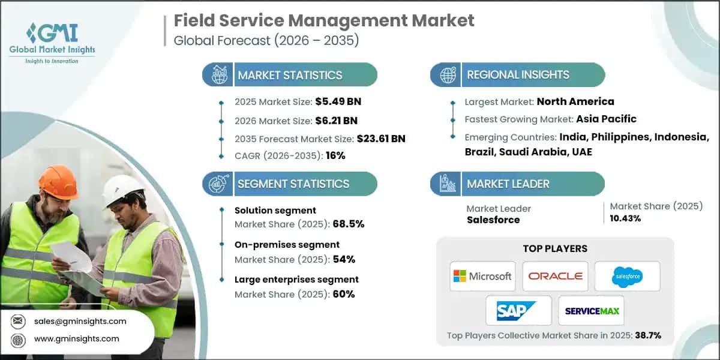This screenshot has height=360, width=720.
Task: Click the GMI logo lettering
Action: pyautogui.click(x=52, y=33)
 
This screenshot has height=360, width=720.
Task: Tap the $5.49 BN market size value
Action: pyautogui.click(x=338, y=101)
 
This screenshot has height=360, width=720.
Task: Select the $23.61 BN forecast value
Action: pyautogui.click(x=381, y=139)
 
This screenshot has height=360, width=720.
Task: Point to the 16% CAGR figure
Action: pyautogui.click(x=335, y=155)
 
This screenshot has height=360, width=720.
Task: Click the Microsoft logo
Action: pyautogui.click(x=482, y=276)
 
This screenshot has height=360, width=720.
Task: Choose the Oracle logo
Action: pyautogui.click(x=555, y=276)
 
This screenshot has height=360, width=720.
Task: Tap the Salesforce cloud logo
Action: pyautogui.click(x=627, y=277)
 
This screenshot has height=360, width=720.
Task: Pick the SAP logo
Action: pyautogui.click(x=516, y=311)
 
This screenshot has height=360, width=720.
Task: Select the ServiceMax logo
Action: pyautogui.click(x=592, y=311)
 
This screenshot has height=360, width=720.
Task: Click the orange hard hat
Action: pyautogui.click(x=59, y=182)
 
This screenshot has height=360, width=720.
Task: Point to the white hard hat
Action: pyautogui.click(x=121, y=190)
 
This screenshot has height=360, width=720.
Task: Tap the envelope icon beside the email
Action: pyautogui.click(x=18, y=321)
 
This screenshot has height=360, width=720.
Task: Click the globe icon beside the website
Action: pyautogui.click(x=18, y=340)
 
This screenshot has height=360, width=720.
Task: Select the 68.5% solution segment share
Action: pyautogui.click(x=349, y=224)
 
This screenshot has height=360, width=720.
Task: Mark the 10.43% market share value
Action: pyautogui.click(x=625, y=218)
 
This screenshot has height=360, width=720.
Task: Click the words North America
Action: pyautogui.click(x=575, y=101)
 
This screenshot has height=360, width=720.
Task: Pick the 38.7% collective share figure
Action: pyautogui.click(x=648, y=335)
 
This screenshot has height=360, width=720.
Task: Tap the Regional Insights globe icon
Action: pyautogui.click(x=448, y=75)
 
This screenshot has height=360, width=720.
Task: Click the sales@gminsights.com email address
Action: pyautogui.click(x=80, y=321)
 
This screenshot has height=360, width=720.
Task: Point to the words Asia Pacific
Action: pyautogui.click(x=606, y=119)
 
